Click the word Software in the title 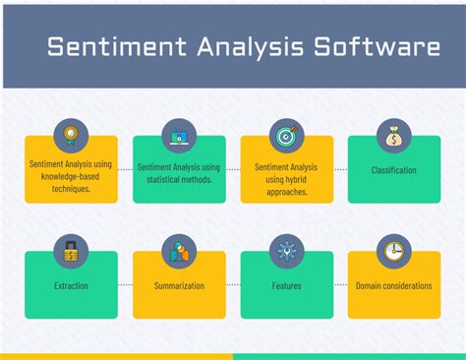point(377,47)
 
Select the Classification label point(393,170)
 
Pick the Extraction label point(71,286)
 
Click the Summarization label point(179,286)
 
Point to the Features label point(286,286)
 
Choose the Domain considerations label point(393,286)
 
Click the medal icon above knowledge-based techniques point(71,136)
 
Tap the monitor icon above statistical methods point(179,136)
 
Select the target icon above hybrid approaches point(286,136)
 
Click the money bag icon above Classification point(393,136)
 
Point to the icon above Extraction point(71,251)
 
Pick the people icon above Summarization point(179,251)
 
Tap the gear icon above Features point(286,251)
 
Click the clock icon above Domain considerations point(393,251)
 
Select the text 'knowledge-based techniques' point(71,183)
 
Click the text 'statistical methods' point(179,180)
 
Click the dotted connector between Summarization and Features point(232,286)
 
